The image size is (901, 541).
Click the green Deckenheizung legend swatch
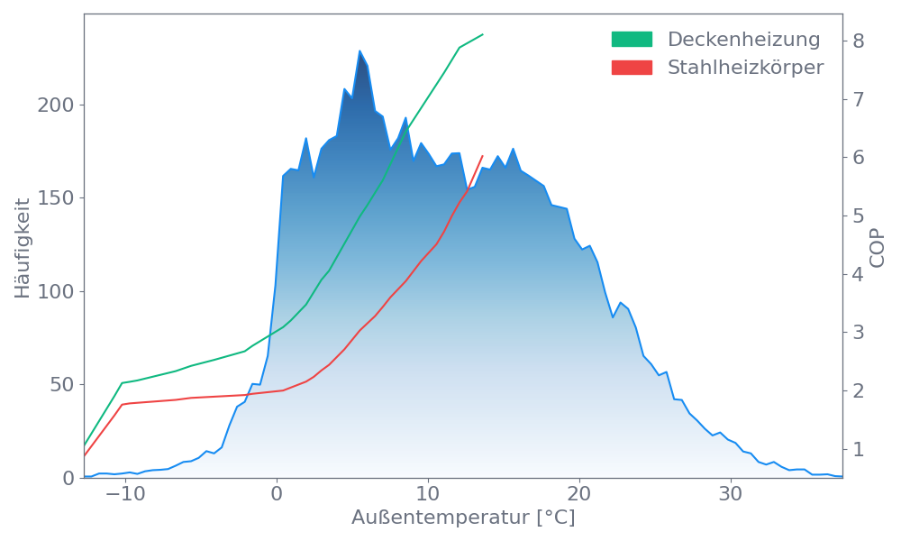point(632,40)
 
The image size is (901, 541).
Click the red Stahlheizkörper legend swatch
point(632,68)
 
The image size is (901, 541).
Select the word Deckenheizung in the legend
point(743,40)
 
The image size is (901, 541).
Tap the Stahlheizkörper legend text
point(745,68)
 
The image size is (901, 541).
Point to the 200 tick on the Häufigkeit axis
point(55,105)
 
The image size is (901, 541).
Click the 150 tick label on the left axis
point(55,198)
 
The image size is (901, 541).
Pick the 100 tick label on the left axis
point(55,292)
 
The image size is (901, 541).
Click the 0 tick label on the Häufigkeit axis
point(68,478)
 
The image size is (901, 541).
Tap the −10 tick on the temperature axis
point(125,495)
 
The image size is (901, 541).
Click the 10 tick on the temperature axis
point(428,495)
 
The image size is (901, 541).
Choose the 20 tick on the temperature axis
point(579,495)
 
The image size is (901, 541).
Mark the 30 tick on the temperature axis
point(731,495)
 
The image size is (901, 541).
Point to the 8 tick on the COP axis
point(859,41)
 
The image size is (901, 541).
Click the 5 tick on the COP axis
point(859,215)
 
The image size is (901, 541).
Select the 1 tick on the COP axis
point(859,449)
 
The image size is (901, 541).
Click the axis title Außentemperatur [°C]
point(463,518)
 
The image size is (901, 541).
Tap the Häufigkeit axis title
point(23,248)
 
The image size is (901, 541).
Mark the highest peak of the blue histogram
point(359,50)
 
